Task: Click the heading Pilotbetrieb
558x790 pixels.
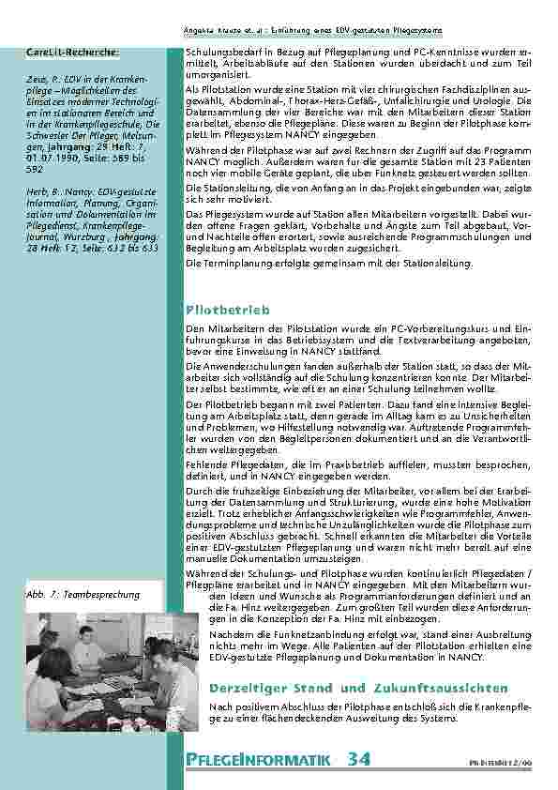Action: pyautogui.click(x=229, y=308)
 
